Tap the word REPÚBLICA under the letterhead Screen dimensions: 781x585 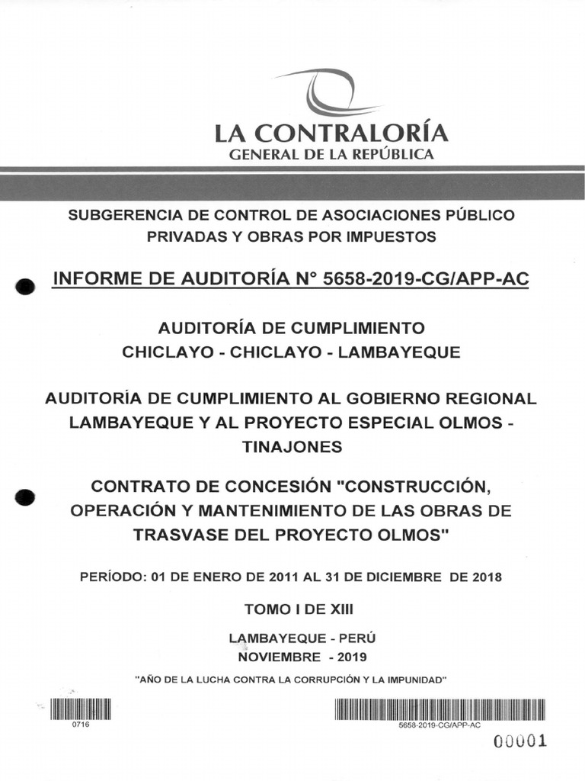pyautogui.click(x=396, y=155)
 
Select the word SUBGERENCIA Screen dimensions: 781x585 pyautogui.click(x=121, y=215)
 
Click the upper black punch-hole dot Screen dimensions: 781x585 pyautogui.click(x=26, y=288)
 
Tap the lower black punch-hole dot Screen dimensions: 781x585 pyautogui.click(x=26, y=497)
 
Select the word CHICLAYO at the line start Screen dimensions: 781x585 pyautogui.click(x=158, y=352)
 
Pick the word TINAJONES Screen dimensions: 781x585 pyautogui.click(x=292, y=448)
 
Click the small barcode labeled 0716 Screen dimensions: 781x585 pyautogui.click(x=81, y=709)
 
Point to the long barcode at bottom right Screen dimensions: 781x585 pyautogui.click(x=440, y=709)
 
